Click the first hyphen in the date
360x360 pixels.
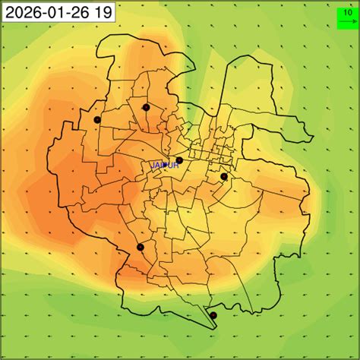coord(38,12)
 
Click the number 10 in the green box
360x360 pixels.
coord(347,13)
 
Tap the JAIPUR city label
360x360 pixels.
coord(163,165)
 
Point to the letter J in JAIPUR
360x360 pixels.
coord(152,165)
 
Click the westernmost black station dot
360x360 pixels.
coord(97,119)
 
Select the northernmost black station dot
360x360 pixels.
coord(146,107)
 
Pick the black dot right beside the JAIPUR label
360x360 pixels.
coord(179,160)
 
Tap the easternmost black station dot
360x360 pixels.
coord(224,176)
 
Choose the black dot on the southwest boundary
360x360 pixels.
coord(140,248)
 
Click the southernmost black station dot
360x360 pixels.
coord(213,315)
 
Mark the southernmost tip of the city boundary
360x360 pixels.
coord(216,329)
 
